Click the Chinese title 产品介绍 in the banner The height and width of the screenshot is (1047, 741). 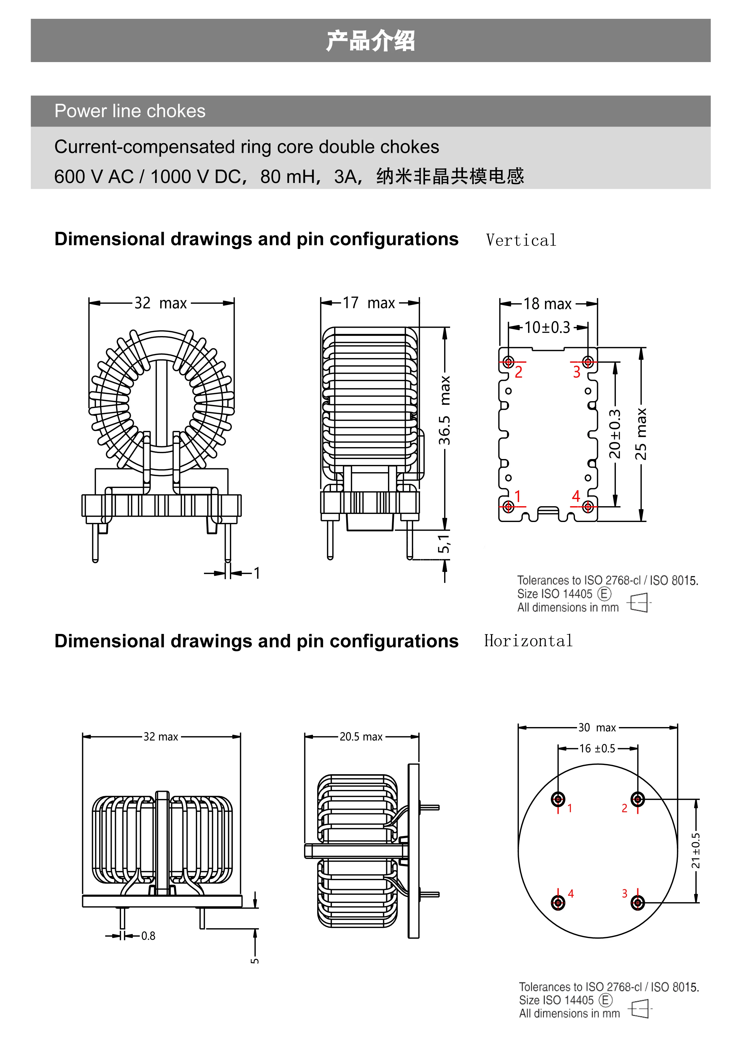click(370, 41)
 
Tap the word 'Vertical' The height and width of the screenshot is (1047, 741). click(521, 240)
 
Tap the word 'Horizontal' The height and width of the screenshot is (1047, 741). click(528, 641)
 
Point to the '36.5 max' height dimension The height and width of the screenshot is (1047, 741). click(444, 410)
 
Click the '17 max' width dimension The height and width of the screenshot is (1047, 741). click(369, 303)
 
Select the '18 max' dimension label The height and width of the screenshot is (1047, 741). click(547, 304)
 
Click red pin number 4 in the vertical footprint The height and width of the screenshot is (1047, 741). click(576, 496)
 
